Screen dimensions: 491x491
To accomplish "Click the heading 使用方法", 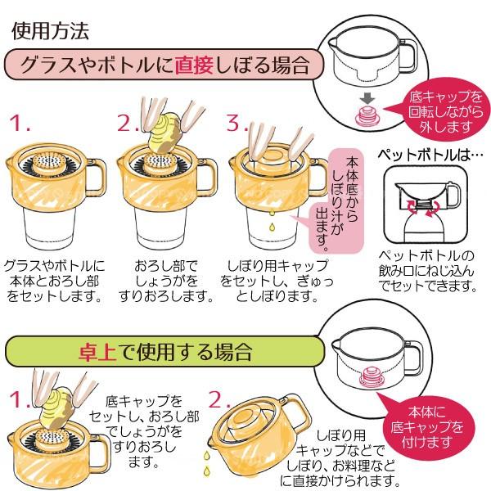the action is click(x=50, y=31).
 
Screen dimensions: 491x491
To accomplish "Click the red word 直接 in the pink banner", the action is click(x=194, y=65).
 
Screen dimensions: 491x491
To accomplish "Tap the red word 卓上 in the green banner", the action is click(x=97, y=352).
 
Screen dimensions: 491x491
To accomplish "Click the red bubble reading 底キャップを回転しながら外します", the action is click(x=445, y=112).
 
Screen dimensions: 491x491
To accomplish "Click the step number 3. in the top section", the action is click(x=236, y=123).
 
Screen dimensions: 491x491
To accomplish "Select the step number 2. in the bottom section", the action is click(x=218, y=399).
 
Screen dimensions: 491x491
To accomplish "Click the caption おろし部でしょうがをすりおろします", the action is click(x=166, y=281).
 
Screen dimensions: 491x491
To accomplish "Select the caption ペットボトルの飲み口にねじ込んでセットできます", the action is click(x=427, y=271).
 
